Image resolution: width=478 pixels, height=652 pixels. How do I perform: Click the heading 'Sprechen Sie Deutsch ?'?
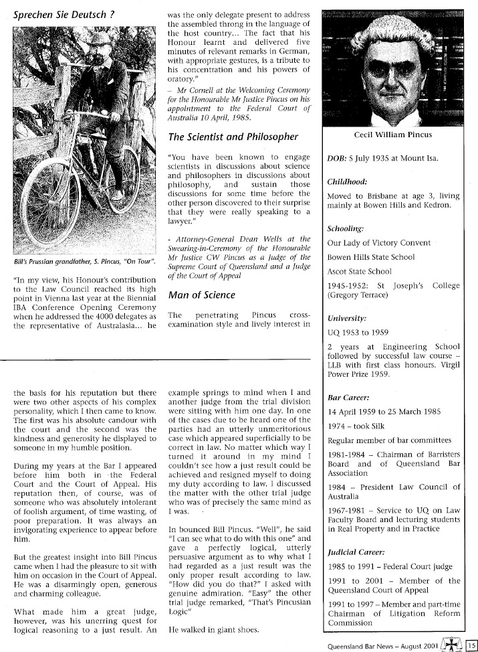[60, 13]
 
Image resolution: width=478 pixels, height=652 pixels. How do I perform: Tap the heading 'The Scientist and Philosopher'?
[233, 137]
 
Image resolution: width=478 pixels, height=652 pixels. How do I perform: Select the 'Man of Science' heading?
[201, 295]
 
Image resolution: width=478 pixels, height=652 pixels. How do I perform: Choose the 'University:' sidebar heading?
[346, 318]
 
